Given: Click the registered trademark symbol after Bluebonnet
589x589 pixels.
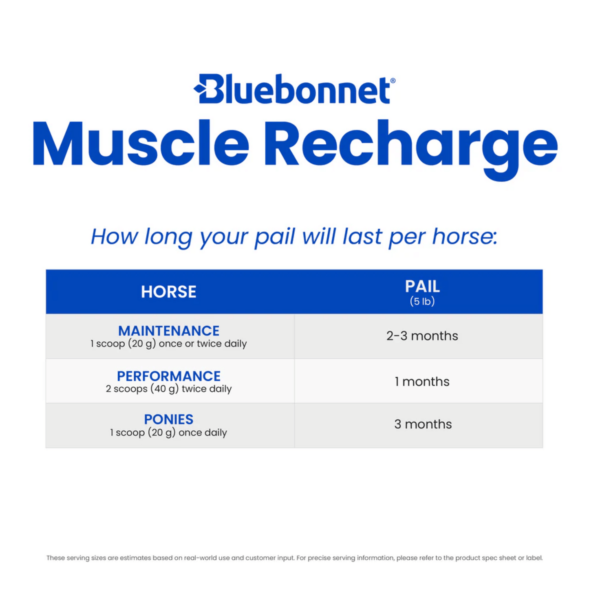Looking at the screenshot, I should [393, 81].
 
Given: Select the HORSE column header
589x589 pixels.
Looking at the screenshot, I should [168, 292].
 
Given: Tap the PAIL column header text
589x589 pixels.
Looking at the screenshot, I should [422, 287].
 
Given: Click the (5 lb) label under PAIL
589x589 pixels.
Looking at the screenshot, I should [422, 302].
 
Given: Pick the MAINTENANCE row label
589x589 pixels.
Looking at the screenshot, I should [168, 331].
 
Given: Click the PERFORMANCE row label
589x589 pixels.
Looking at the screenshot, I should [168, 376].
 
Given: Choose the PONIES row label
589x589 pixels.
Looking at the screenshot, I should [168, 419].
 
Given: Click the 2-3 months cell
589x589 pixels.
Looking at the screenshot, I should [422, 336].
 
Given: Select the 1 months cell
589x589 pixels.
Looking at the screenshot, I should [422, 382].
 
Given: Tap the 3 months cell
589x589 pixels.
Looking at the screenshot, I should [423, 424].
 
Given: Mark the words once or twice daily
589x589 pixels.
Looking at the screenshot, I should [203, 344].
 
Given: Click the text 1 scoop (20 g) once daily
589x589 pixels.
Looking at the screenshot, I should [168, 432].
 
